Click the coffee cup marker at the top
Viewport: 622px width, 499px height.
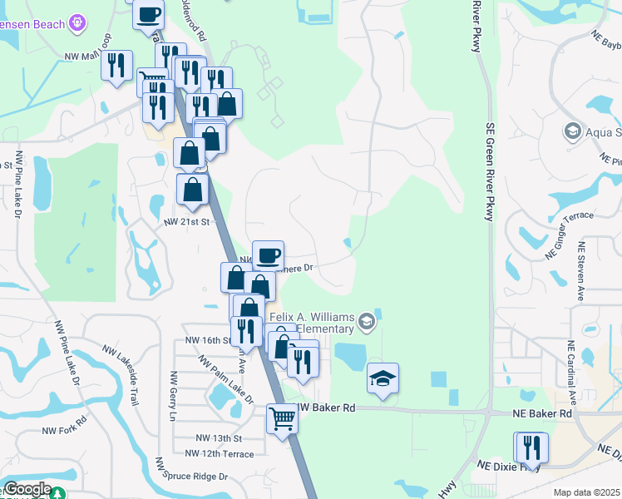pyautogui.click(x=149, y=13)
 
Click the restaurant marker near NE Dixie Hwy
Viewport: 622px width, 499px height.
pyautogui.click(x=531, y=447)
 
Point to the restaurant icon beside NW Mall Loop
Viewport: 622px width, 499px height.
pyautogui.click(x=116, y=65)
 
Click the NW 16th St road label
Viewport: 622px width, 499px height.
pyautogui.click(x=206, y=340)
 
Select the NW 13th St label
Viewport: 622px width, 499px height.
pyautogui.click(x=219, y=437)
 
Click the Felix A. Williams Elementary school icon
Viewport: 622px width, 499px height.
pyautogui.click(x=367, y=319)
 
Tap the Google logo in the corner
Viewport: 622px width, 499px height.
pyautogui.click(x=27, y=490)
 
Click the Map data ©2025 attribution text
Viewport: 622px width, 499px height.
pyautogui.click(x=586, y=492)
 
